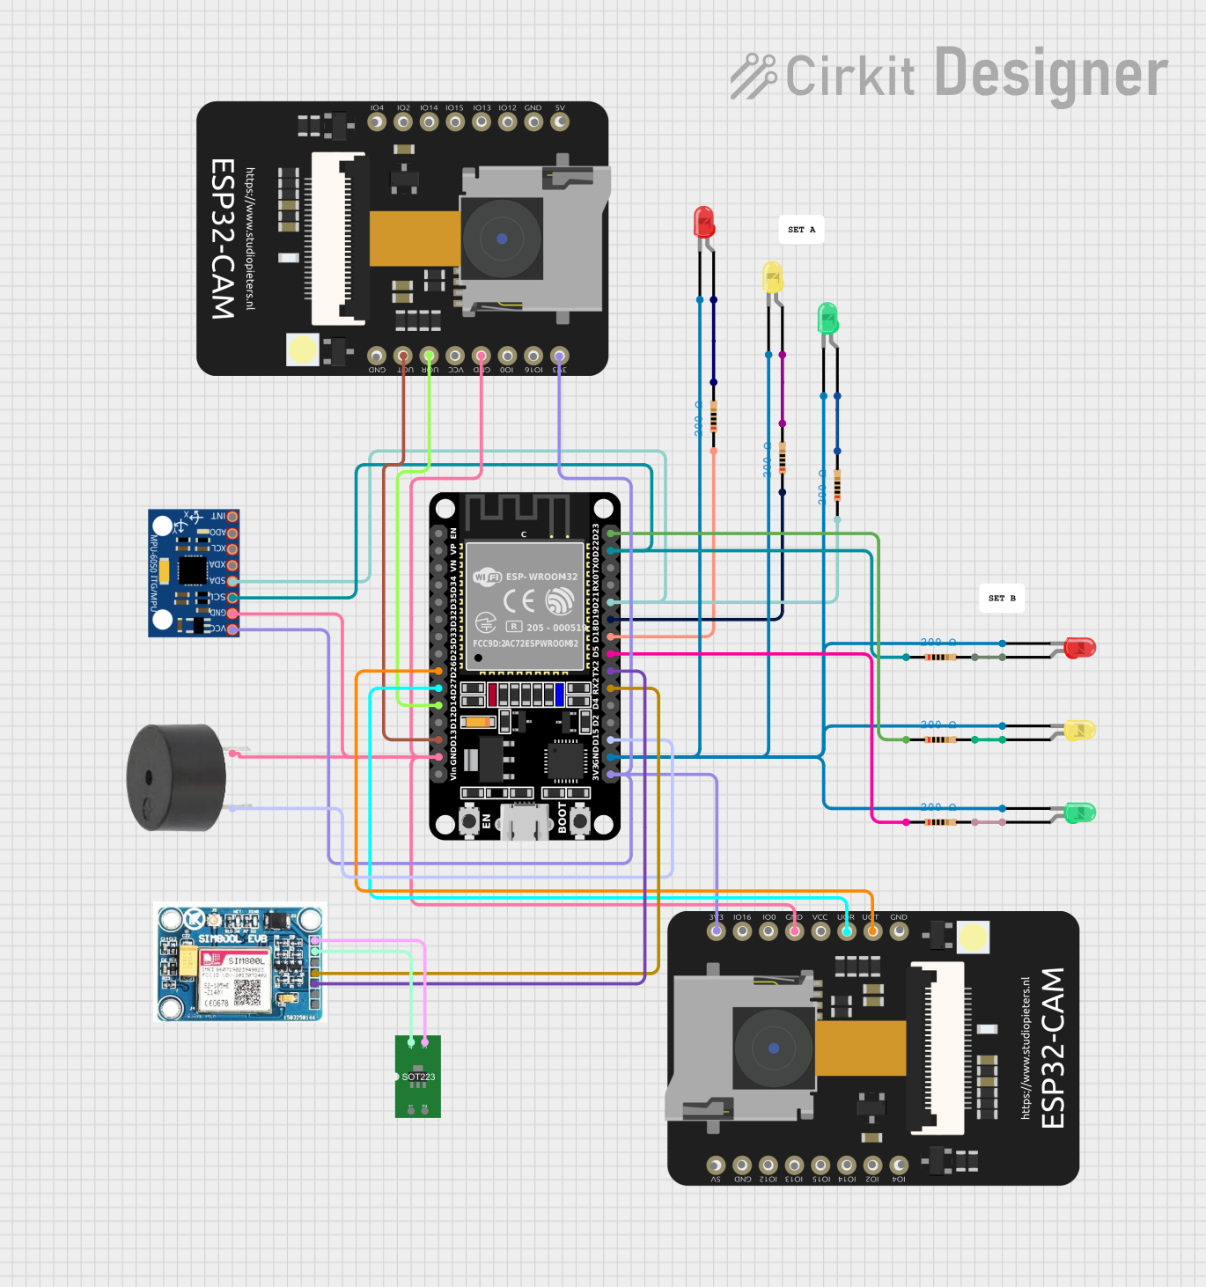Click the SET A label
tap(801, 230)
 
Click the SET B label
tap(1002, 599)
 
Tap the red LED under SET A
tap(703, 222)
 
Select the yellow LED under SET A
tap(772, 276)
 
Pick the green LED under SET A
tap(827, 318)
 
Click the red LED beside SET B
tap(1079, 649)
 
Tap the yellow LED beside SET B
tap(1079, 730)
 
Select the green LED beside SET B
tap(1079, 813)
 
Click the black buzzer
tap(176, 777)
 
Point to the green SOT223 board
tap(418, 1077)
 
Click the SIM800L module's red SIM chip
tap(211, 959)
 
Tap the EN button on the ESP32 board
tap(469, 822)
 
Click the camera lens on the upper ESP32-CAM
tap(501, 239)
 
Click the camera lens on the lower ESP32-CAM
tap(773, 1048)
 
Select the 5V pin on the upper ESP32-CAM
tap(560, 122)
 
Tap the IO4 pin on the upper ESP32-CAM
tap(377, 122)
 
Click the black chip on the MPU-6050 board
tap(192, 570)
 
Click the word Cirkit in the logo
tap(849, 76)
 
